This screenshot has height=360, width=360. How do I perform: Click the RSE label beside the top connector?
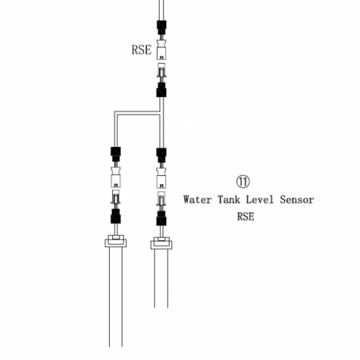pyautogui.click(x=141, y=50)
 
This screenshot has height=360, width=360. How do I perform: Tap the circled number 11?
pyautogui.click(x=243, y=181)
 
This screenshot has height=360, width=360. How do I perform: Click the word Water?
pyautogui.click(x=197, y=200)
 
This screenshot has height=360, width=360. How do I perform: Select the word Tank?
pyautogui.click(x=229, y=200)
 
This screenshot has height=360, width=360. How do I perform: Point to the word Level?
pyautogui.click(x=260, y=200)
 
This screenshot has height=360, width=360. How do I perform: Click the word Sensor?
pyautogui.click(x=297, y=200)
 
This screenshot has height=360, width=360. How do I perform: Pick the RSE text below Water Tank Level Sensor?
pyautogui.click(x=246, y=217)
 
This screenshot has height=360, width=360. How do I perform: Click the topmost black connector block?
pyautogui.click(x=161, y=27)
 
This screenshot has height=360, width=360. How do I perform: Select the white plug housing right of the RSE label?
pyautogui.click(x=161, y=50)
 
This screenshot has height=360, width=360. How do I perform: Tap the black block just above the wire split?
pyautogui.click(x=161, y=90)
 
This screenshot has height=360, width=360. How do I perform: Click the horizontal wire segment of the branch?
pyautogui.click(x=137, y=113)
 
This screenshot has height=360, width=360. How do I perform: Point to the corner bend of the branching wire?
pyautogui.click(x=116, y=113)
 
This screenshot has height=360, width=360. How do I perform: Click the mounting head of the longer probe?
pyautogui.click(x=116, y=241)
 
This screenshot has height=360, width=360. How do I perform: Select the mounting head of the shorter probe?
pyautogui.click(x=161, y=243)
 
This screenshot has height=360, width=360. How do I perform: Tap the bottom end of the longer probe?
pyautogui.click(x=116, y=347)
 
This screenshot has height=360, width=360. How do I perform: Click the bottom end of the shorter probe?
pyautogui.click(x=161, y=307)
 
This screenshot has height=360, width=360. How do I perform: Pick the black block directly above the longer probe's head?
pyautogui.click(x=116, y=216)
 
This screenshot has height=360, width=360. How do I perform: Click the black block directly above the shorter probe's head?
pyautogui.click(x=161, y=218)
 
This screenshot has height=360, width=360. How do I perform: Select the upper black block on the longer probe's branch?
pyautogui.click(x=116, y=154)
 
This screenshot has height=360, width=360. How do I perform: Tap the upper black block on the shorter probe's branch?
pyautogui.click(x=161, y=155)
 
